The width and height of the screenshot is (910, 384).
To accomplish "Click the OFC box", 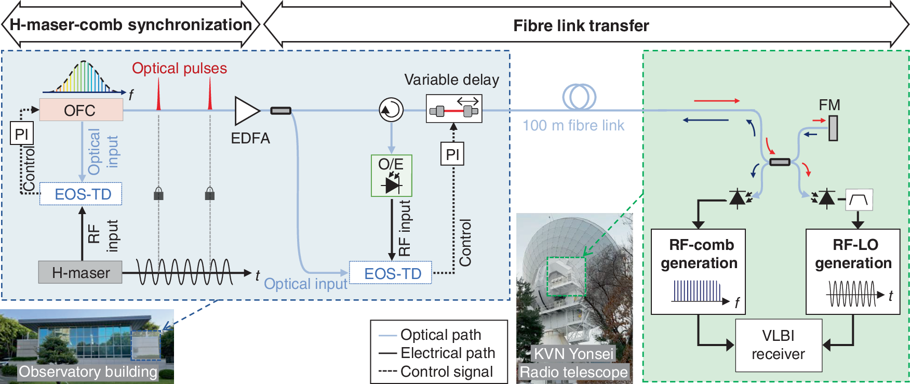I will pyautogui.click(x=81, y=110).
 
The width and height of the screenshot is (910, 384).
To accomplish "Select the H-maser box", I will pyautogui.click(x=80, y=272).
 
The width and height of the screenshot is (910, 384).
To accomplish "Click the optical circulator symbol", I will pyautogui.click(x=391, y=110).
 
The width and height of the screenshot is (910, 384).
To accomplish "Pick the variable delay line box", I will pyautogui.click(x=453, y=109).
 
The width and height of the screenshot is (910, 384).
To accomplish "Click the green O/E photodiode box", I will pyautogui.click(x=391, y=176).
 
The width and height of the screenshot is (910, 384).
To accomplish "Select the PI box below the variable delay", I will pyautogui.click(x=452, y=154).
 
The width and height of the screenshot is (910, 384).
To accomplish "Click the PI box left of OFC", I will pyautogui.click(x=22, y=134).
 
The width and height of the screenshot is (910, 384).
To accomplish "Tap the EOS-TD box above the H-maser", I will pyautogui.click(x=81, y=194).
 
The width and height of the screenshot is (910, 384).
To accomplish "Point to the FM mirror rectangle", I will pyautogui.click(x=833, y=128).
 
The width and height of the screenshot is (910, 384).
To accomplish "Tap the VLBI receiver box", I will pyautogui.click(x=778, y=345).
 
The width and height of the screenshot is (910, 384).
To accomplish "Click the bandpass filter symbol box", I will pyautogui.click(x=859, y=200).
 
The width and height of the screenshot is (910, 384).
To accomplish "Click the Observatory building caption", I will pyautogui.click(x=88, y=372).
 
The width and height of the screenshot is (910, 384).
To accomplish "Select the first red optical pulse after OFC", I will pyautogui.click(x=158, y=97).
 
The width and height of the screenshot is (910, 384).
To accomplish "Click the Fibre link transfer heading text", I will pyautogui.click(x=581, y=25).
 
